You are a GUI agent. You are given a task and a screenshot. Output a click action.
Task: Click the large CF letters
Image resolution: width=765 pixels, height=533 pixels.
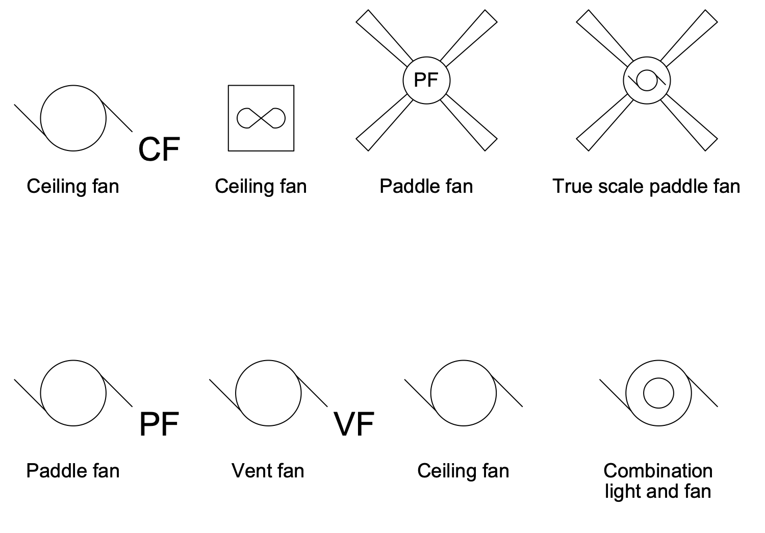coord(159,149)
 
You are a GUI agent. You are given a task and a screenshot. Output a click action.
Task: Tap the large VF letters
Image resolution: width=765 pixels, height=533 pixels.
coord(354,424)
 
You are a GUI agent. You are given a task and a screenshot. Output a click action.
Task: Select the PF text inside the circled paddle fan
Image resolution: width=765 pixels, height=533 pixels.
coord(426,80)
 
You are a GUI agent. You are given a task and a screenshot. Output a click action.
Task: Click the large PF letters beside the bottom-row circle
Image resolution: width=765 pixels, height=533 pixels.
coord(159,424)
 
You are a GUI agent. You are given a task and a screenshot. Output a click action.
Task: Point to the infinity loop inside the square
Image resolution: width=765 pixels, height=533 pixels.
coord(261,118)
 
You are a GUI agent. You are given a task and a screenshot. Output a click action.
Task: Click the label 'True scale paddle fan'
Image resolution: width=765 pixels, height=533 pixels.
coord(646,186)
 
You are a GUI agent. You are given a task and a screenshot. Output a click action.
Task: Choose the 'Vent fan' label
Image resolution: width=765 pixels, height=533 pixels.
coord(268,470)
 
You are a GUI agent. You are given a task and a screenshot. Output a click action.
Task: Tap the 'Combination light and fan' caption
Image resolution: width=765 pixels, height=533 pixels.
coord(658,480)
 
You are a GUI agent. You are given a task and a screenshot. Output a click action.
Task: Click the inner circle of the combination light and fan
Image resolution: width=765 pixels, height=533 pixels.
coord(658,393)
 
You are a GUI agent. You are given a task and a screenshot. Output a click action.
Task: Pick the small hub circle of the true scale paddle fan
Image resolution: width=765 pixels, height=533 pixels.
coord(647,80)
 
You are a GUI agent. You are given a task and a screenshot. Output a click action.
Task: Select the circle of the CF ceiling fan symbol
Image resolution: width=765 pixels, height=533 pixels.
coord(73,118)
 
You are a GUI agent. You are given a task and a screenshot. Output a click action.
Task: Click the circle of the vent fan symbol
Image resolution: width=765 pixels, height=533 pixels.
coord(268,393)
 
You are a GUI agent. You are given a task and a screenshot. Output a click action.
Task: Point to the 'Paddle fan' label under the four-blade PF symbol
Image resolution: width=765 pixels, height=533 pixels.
coord(426,186)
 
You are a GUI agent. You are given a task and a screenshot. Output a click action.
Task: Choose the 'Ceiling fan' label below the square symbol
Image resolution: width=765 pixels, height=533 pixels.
coord(261,186)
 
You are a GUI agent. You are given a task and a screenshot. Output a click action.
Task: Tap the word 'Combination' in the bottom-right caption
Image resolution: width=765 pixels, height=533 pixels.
coord(658,470)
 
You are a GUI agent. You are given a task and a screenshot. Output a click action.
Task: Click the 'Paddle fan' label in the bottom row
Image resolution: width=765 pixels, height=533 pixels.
coord(73,470)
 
